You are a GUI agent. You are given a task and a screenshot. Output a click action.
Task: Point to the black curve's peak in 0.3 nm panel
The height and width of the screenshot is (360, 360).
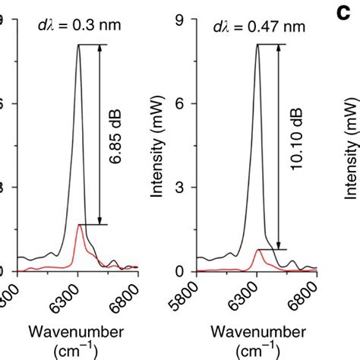(78, 45)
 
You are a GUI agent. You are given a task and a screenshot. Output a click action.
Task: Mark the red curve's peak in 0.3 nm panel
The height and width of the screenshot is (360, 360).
(80, 225)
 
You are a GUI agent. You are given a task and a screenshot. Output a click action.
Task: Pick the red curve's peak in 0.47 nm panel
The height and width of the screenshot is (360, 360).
(259, 249)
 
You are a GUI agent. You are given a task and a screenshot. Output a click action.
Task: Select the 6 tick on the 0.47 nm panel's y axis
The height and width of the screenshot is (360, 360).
(180, 104)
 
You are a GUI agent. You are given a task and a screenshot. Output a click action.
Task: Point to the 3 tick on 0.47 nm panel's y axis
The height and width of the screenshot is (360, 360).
(180, 188)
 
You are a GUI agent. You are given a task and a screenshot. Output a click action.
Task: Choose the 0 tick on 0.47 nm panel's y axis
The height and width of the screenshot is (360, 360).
(180, 271)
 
